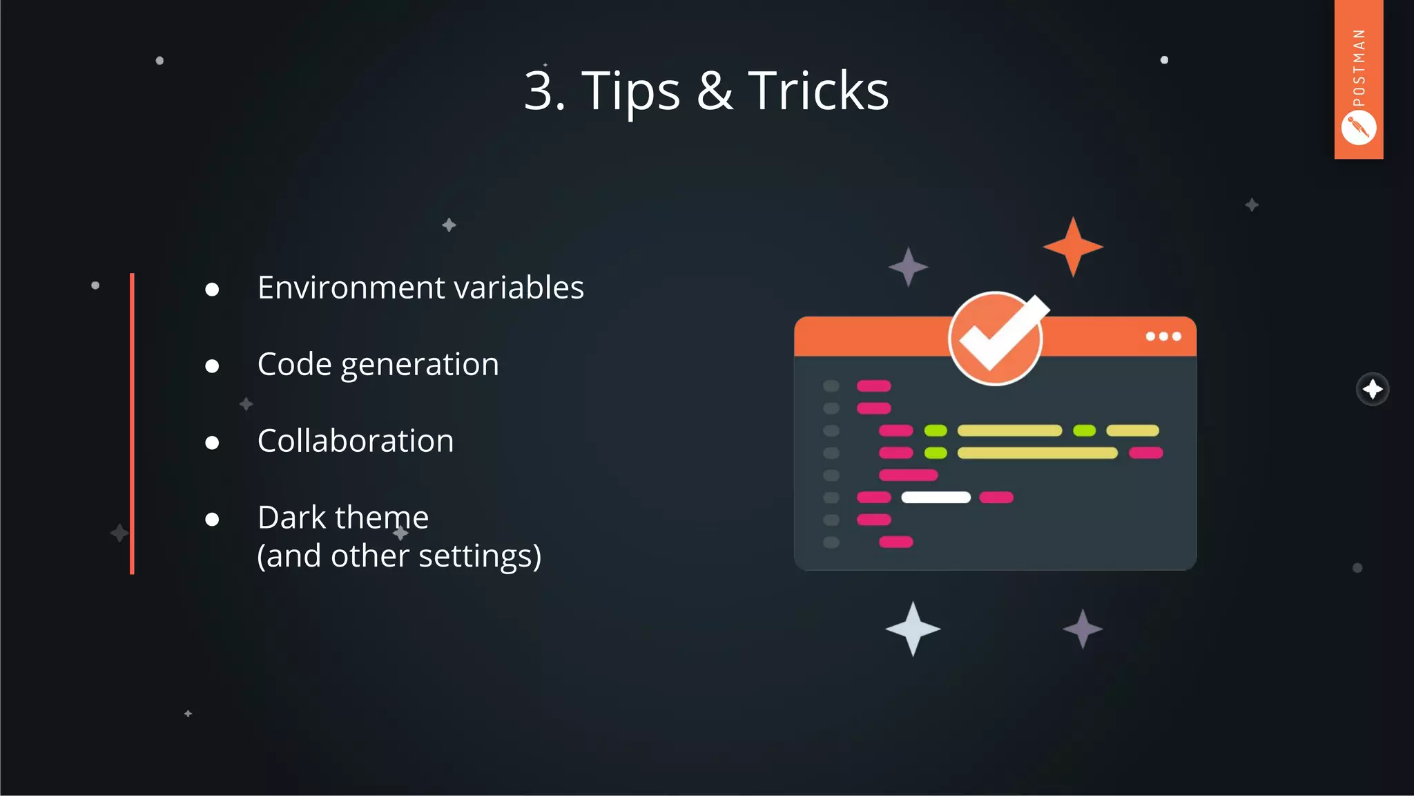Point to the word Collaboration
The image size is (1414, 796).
(356, 441)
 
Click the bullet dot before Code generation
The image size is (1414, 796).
(212, 366)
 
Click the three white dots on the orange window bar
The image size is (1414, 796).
(1163, 337)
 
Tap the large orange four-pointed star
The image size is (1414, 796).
(1073, 247)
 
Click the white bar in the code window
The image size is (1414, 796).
(936, 497)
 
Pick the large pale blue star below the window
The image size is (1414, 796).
(913, 629)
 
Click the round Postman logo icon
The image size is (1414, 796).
(1359, 129)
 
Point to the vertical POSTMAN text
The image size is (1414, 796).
(1359, 68)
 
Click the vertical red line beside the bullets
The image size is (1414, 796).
(132, 423)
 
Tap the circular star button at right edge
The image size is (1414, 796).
(1373, 390)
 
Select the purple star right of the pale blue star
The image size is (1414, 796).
(1083, 629)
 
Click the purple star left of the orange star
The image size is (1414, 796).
(908, 267)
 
